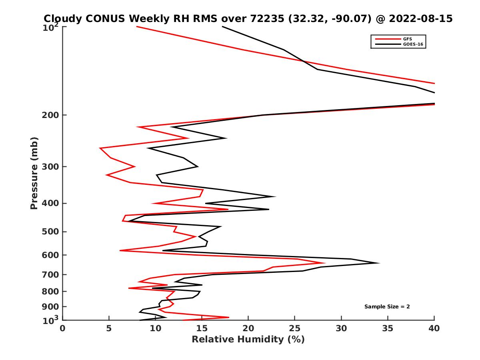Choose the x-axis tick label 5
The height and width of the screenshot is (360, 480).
[109, 328]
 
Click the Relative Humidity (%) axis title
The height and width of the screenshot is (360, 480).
[248, 340]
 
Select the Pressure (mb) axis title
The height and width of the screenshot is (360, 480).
[34, 173]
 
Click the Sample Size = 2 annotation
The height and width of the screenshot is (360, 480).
[387, 307]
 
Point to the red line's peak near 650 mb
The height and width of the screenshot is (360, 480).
[324, 263]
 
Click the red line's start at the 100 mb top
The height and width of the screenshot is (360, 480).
[137, 27]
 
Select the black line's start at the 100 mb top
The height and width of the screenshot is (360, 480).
[222, 27]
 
